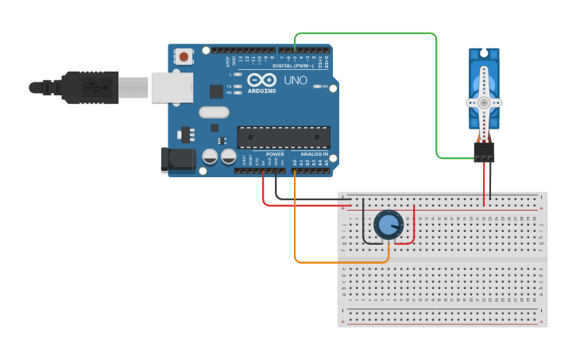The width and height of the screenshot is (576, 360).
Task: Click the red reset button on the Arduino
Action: point(184,56)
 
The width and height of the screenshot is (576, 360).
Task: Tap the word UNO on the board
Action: point(296,80)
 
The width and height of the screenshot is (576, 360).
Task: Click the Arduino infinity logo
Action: point(261,79)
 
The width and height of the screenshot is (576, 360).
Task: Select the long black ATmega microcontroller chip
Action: point(283,137)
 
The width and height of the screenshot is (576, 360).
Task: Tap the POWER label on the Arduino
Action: point(275,154)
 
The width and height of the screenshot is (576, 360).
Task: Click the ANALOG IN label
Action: point(315,154)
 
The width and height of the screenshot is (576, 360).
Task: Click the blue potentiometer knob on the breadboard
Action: point(388,225)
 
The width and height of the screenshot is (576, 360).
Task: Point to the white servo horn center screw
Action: point(484,103)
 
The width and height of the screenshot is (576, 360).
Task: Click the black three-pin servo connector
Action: point(484,152)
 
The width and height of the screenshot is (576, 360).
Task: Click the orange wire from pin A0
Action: point(342,262)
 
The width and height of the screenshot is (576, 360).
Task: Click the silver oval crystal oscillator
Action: point(214,112)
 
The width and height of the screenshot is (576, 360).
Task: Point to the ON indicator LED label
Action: point(324,86)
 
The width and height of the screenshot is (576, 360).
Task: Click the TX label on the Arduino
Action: point(230,86)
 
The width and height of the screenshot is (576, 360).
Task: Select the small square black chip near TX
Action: point(216,91)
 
